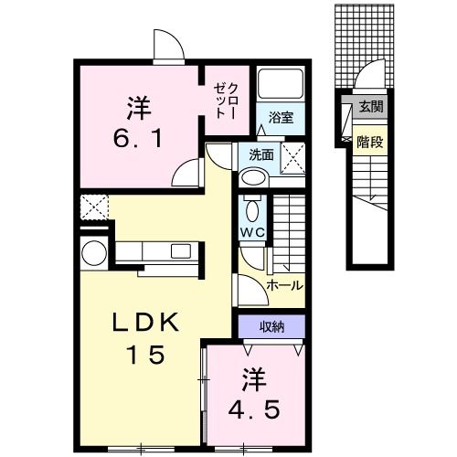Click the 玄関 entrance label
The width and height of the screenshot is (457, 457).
point(371,106)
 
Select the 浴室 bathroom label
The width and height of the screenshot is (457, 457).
point(281,117)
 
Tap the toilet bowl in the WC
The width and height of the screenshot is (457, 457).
point(252,207)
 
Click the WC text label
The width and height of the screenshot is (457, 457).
point(252,234)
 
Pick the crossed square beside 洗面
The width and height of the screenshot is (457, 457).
point(292,156)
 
